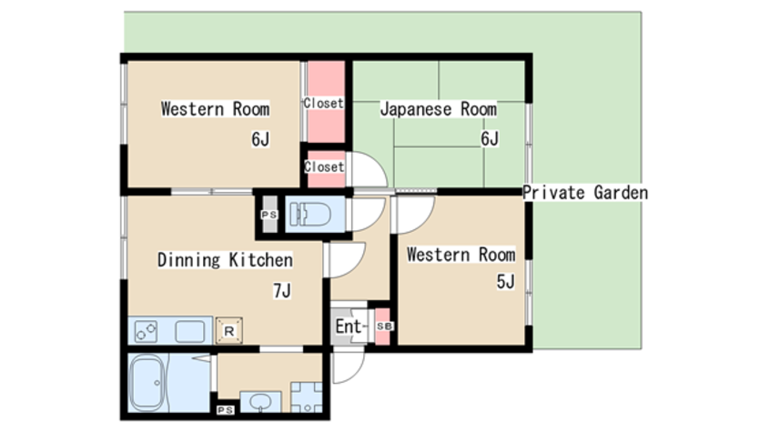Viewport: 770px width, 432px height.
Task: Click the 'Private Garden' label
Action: point(585,193)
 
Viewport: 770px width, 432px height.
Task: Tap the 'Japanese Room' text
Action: point(438,109)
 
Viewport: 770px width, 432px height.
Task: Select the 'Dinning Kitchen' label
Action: point(225,260)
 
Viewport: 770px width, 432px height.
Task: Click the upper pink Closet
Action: point(324,102)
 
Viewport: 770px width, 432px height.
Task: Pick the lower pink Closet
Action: point(324,167)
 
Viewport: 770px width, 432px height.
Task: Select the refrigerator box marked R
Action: point(228,332)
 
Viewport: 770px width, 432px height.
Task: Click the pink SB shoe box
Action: point(383,326)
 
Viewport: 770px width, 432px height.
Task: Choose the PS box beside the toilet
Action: point(268,215)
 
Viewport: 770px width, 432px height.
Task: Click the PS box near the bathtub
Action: point(226,410)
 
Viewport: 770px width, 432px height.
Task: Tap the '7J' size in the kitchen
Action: point(281,291)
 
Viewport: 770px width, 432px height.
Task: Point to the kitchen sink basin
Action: point(190,330)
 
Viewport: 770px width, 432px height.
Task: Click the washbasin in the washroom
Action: point(258,401)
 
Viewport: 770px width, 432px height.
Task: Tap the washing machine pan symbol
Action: point(306,397)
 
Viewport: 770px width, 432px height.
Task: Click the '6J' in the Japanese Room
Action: point(490,139)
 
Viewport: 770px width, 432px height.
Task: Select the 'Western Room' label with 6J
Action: point(215,109)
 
